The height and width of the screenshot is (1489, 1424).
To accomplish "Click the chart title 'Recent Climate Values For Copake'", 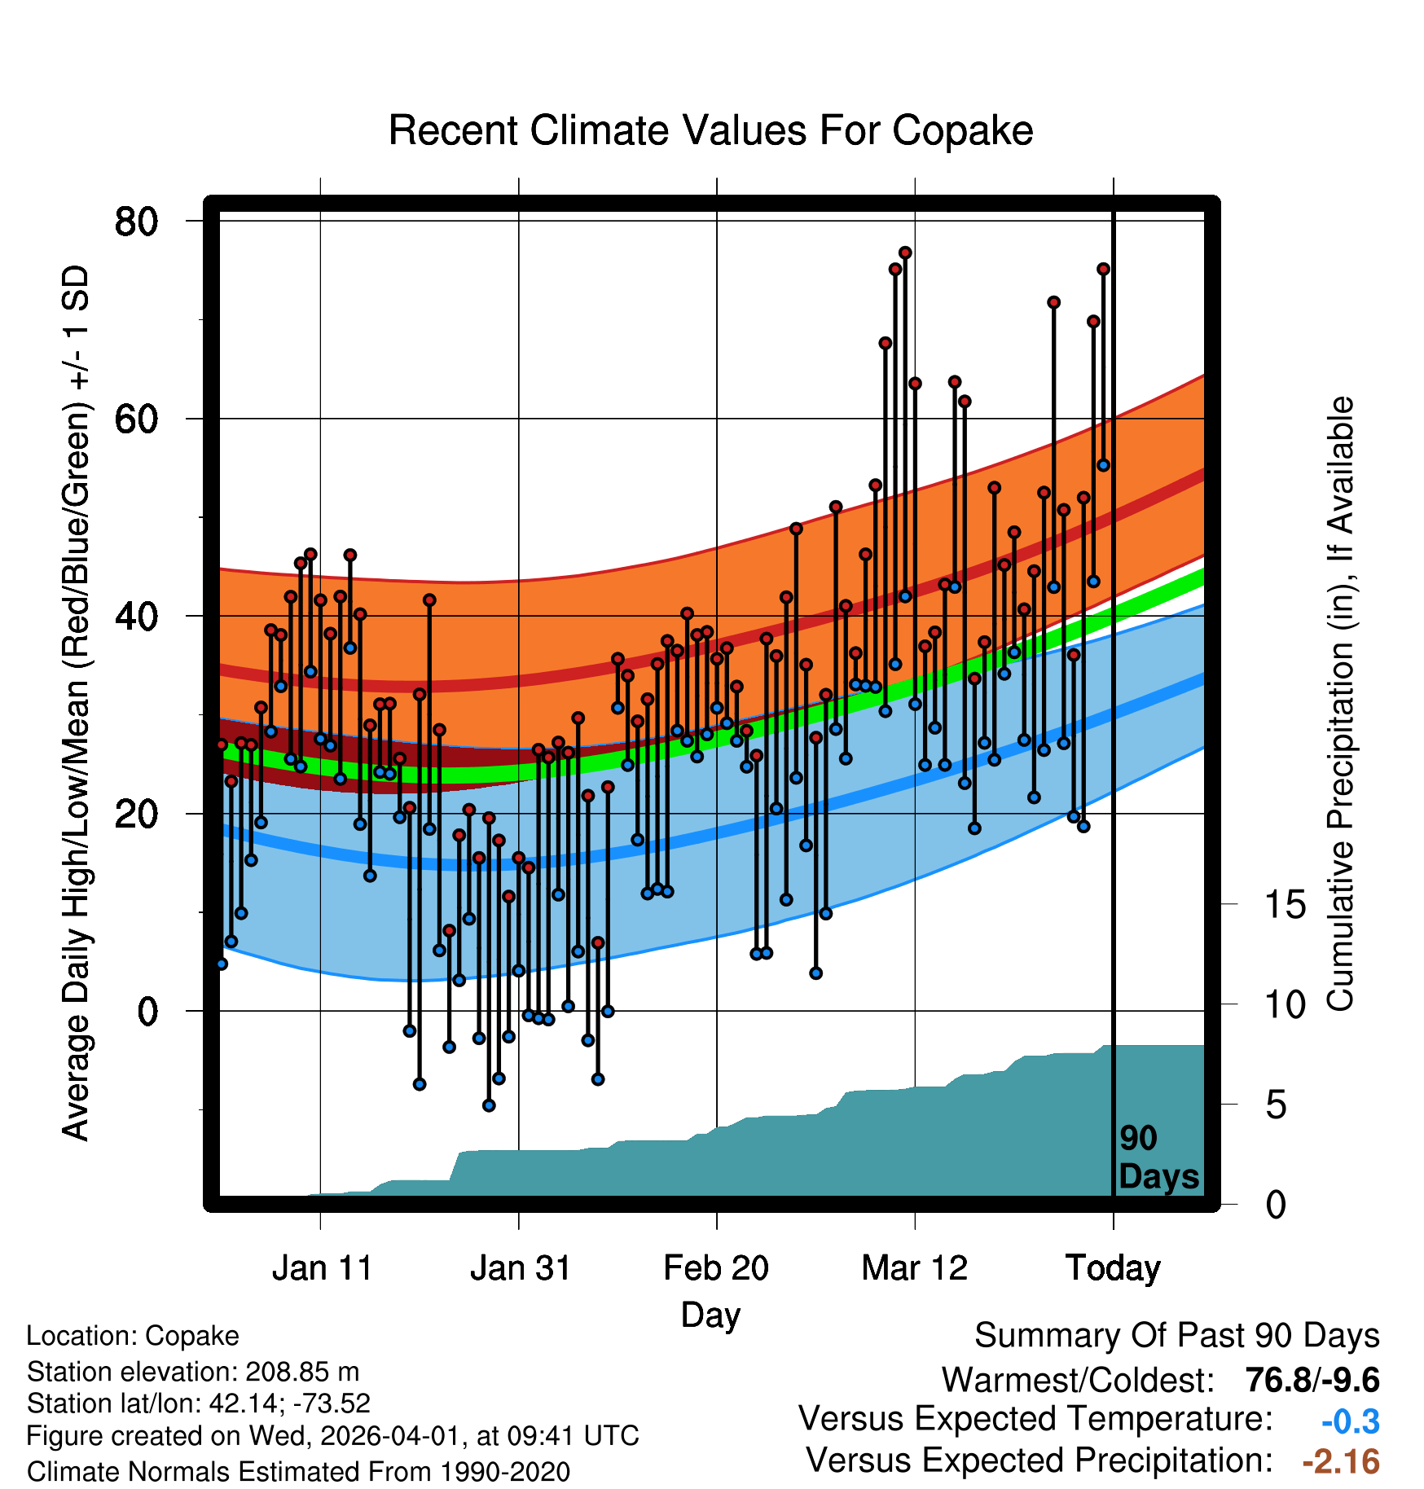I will click(710, 130).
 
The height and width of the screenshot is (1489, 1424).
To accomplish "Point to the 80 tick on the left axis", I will click(136, 221).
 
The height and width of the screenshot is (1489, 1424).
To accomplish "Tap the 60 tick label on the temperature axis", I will click(136, 419).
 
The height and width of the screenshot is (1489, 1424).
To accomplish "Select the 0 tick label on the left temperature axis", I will click(147, 1011).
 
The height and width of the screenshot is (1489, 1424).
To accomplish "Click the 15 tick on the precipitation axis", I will click(1285, 904).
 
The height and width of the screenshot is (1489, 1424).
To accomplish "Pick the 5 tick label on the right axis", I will click(1276, 1105).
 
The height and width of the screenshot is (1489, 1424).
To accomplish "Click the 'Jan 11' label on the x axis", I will click(322, 1267).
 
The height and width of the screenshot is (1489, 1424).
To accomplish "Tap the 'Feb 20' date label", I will click(716, 1267).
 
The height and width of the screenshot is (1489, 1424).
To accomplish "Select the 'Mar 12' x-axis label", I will click(914, 1267).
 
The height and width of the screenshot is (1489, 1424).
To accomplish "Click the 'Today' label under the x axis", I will click(1113, 1267).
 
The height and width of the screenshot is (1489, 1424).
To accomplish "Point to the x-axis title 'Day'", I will click(710, 1315).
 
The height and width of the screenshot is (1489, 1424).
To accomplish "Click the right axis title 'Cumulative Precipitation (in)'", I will click(1340, 705).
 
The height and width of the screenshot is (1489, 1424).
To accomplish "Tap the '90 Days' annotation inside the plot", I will click(1158, 1157).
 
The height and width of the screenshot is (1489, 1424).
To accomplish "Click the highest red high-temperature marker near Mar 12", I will click(905, 253).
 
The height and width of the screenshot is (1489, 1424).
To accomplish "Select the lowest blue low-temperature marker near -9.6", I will click(489, 1105).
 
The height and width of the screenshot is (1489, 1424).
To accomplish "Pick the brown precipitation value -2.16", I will click(1340, 1462).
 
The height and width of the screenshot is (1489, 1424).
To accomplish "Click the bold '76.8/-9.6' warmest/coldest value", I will click(1312, 1380).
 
